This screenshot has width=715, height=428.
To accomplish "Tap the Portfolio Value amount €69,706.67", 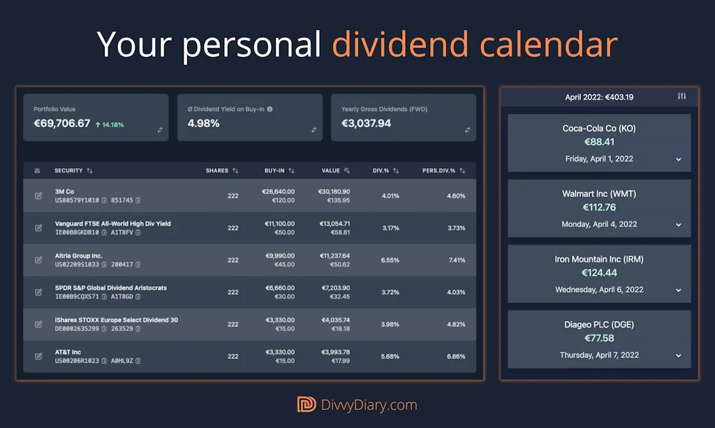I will point(62,124).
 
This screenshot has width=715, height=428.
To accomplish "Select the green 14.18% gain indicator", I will point(110,125).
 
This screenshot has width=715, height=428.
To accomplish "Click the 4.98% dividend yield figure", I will point(204,124).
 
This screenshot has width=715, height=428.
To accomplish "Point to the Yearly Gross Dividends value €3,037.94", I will point(366,124).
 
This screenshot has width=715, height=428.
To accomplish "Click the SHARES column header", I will point(217,170).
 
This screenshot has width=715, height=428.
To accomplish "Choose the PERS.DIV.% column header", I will point(438,170).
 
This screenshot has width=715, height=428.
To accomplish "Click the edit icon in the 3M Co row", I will point(38,195).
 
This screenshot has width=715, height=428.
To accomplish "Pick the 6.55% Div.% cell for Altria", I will point(390,260).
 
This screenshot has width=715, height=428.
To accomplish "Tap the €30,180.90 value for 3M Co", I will point(334,191).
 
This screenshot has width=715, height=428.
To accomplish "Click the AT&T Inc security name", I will point(68,352).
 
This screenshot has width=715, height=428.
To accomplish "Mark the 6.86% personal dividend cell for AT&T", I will point(456,356).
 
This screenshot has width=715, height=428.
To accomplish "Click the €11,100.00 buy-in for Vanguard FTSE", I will point(278,223).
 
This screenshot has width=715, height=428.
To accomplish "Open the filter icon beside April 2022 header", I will point(682,96).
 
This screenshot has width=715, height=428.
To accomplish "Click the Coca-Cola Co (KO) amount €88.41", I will point(599,142).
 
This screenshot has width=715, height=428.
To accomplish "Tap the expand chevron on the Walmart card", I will point(678,225).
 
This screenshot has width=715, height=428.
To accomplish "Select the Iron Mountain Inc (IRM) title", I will point(599,259).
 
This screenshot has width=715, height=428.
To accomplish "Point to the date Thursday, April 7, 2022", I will point(599,355).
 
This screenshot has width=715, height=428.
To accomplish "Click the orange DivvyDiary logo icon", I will point(307,404).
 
